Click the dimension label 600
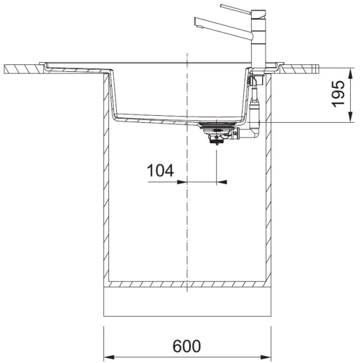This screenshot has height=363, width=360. [187, 346]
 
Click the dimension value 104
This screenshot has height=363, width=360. [160, 170]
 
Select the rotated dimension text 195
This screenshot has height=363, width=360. [338, 94]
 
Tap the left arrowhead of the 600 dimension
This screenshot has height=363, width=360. [109, 357]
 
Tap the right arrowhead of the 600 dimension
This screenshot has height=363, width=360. [266, 357]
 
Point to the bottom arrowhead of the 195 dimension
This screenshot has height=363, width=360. [350, 117]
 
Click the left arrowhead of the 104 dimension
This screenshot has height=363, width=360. [182, 182]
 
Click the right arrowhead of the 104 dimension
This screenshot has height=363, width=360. [222, 182]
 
